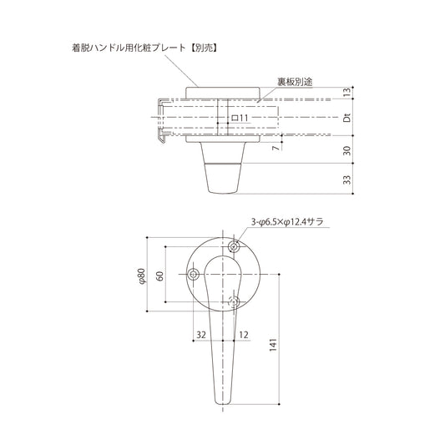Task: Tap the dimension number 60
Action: point(159,275)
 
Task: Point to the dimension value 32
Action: point(200,335)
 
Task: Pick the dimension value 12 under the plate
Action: point(244,335)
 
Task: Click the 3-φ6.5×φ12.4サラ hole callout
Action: point(286,222)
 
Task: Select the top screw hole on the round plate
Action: point(235,246)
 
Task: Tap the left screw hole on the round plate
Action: point(193,274)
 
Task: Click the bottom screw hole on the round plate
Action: point(235,300)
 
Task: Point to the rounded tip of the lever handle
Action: point(222,402)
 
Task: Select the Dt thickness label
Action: point(346,119)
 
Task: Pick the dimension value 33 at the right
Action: point(346,180)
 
